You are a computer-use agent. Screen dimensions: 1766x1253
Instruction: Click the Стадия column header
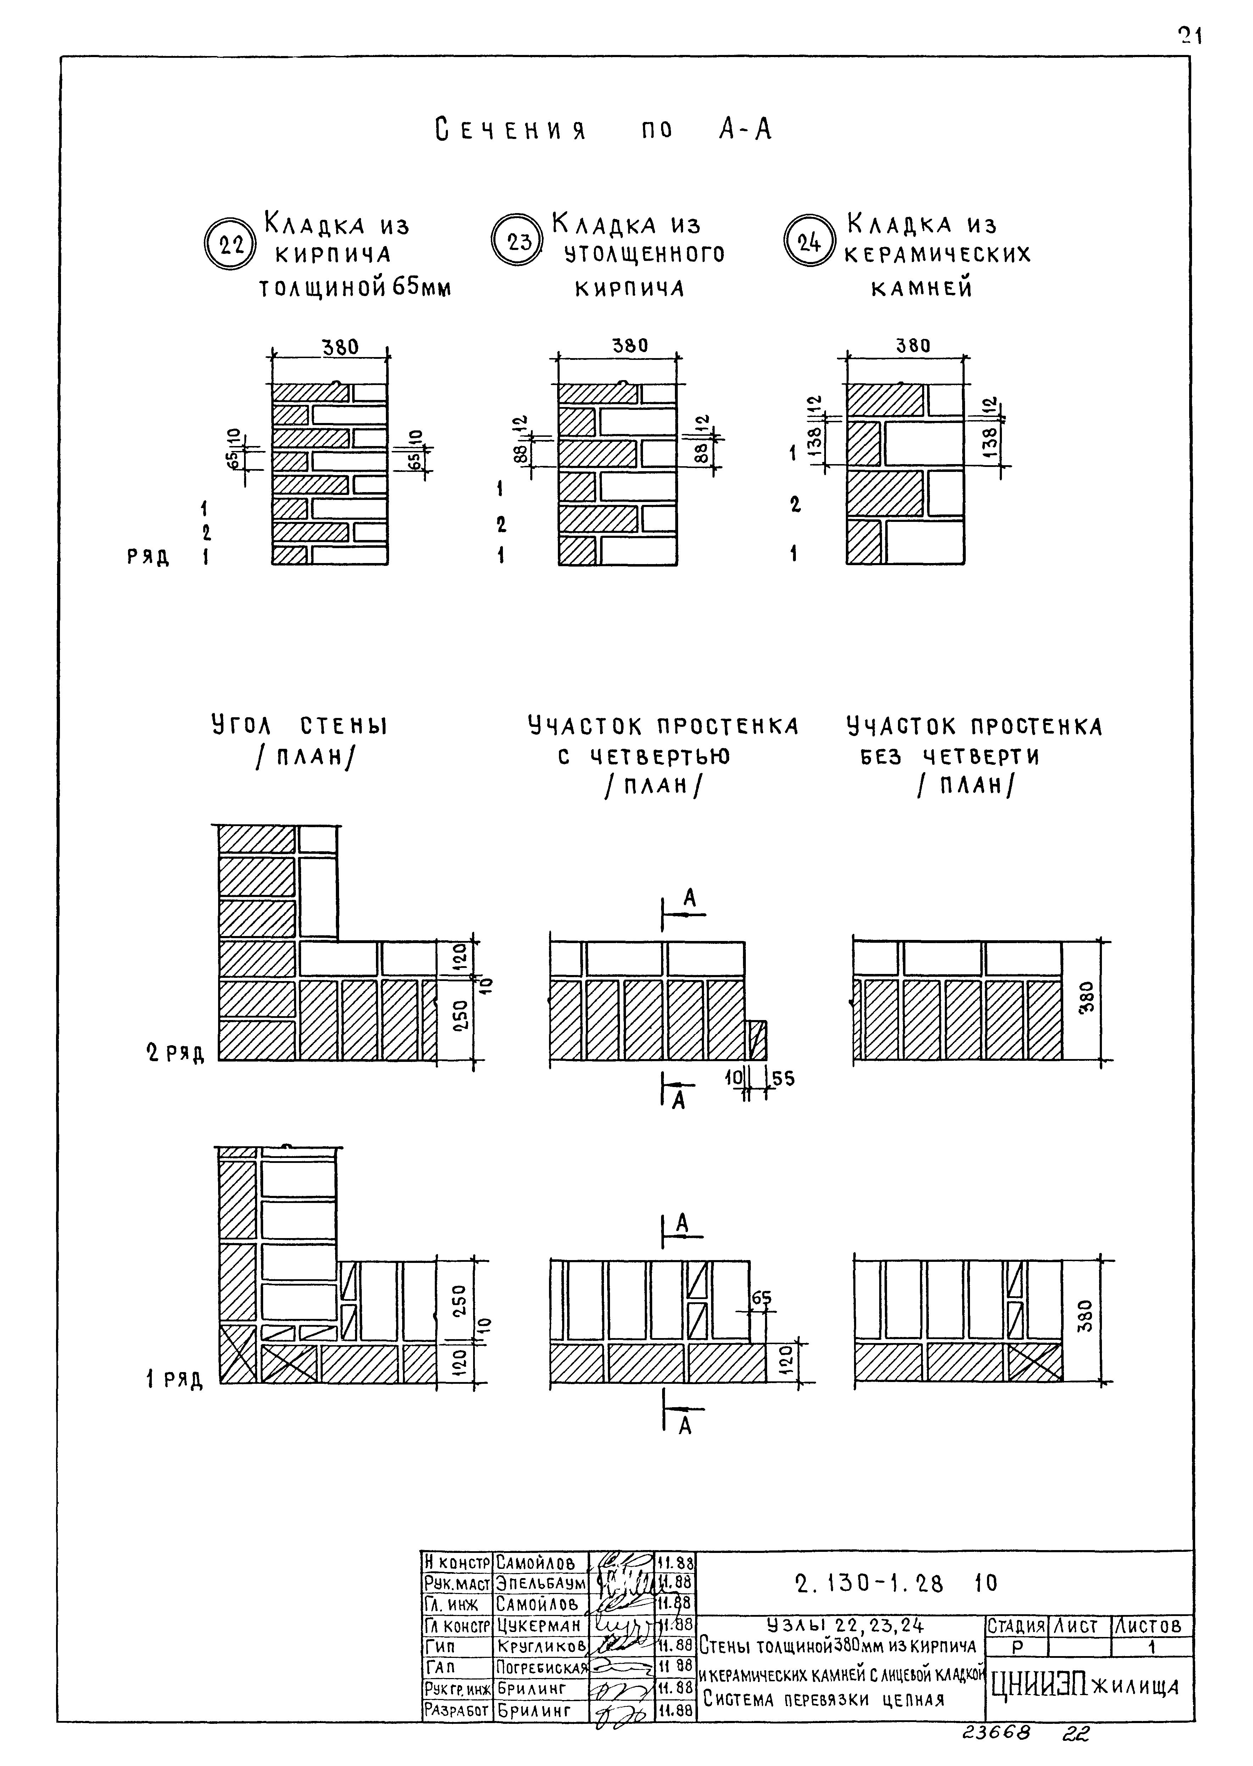point(1016,1626)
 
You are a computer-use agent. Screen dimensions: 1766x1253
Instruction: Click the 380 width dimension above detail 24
point(913,345)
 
